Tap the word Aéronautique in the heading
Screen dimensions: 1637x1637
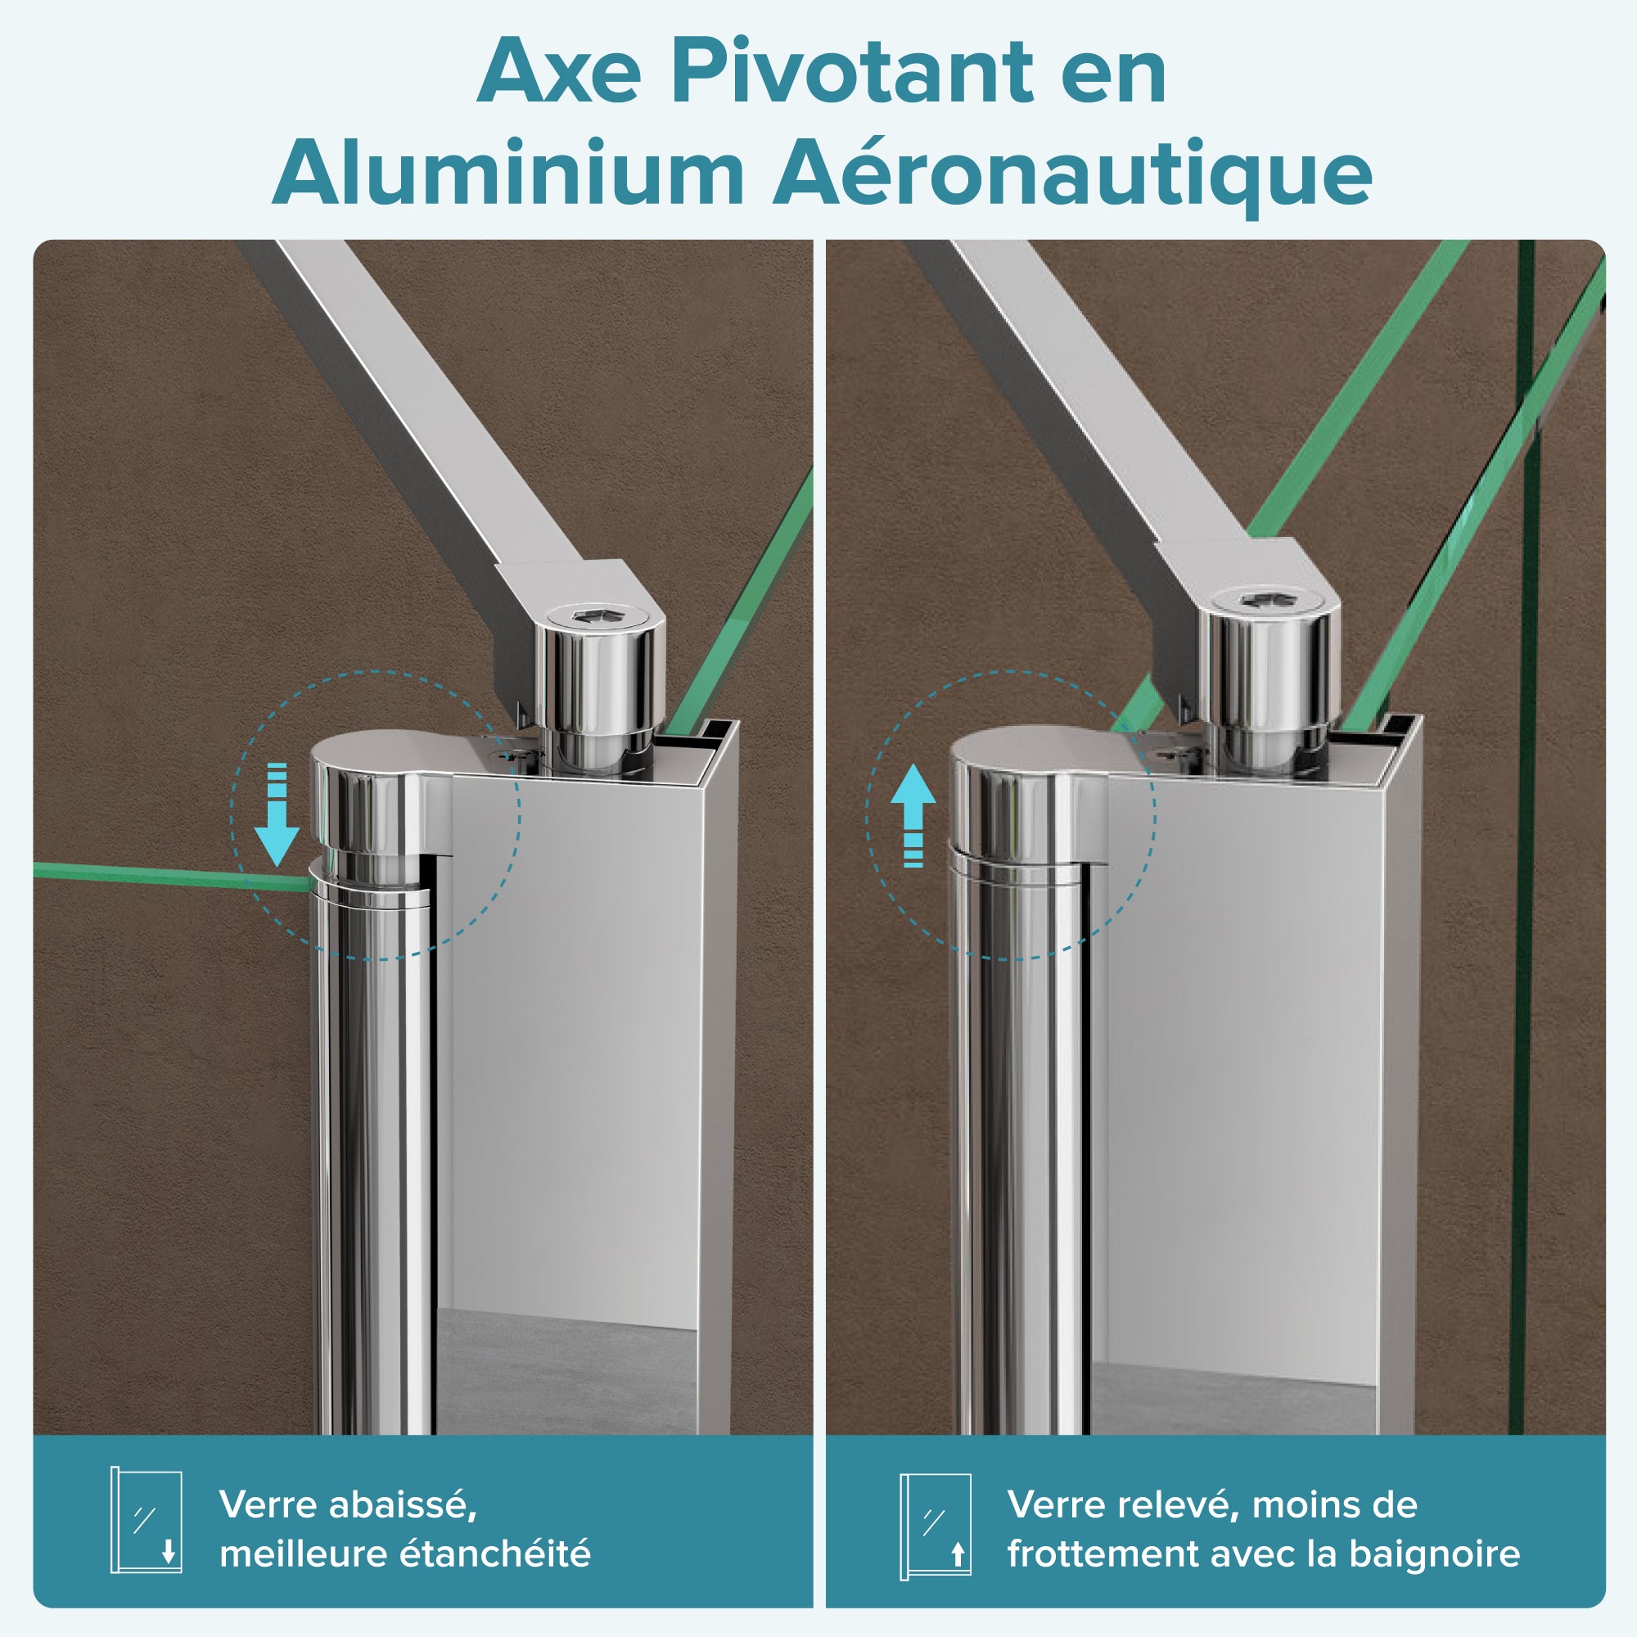coord(1073,174)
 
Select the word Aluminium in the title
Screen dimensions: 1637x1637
coord(508,173)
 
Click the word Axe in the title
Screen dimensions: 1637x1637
coord(559,74)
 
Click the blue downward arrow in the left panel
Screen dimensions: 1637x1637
coord(276,814)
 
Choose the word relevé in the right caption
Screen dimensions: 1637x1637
coord(1178,1505)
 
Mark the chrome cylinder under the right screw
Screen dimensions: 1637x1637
coord(1268,678)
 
